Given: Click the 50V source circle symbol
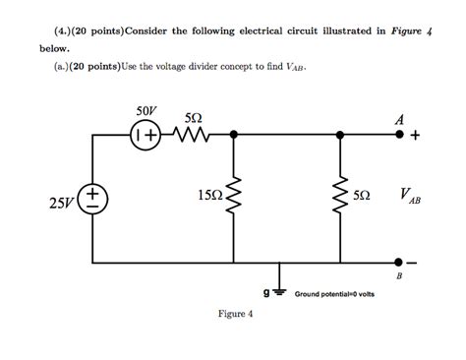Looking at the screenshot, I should coord(145,137).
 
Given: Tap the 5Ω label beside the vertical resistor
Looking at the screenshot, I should coord(362,196).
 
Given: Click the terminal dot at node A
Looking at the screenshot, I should coord(400,137).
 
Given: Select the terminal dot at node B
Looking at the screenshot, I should coord(400,262).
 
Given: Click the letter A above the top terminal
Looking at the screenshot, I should coord(399,118).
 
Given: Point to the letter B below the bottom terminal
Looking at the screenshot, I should coord(399,278).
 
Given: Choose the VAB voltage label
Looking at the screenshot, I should coord(411,197).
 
